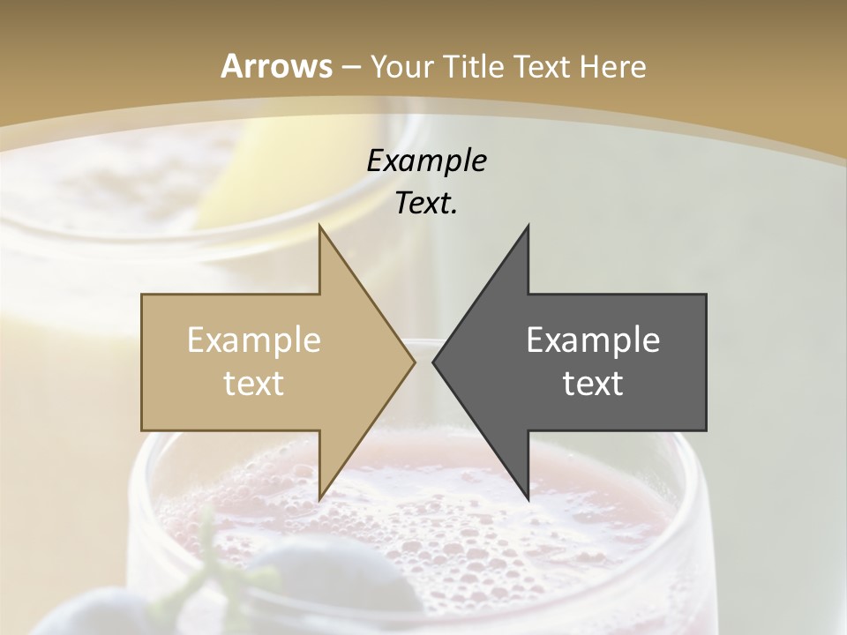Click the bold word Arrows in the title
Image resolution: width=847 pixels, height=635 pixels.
click(x=276, y=66)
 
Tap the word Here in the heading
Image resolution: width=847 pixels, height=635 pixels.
click(x=612, y=66)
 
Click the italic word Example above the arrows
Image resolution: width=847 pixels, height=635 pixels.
click(x=426, y=161)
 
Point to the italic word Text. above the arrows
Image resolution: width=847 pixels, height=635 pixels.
click(x=426, y=204)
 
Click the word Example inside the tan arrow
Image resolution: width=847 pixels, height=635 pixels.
click(x=254, y=340)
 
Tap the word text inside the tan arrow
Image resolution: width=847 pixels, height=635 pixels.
click(x=254, y=384)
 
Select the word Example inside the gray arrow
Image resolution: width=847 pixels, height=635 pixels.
click(x=593, y=340)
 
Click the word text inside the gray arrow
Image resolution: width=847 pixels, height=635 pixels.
click(x=593, y=384)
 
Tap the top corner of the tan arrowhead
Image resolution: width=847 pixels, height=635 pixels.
click(x=320, y=226)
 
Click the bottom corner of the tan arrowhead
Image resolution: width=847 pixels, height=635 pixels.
click(x=320, y=499)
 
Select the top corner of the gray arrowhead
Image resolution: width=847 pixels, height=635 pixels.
click(x=528, y=226)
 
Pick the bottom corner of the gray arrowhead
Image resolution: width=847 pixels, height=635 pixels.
click(x=528, y=499)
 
